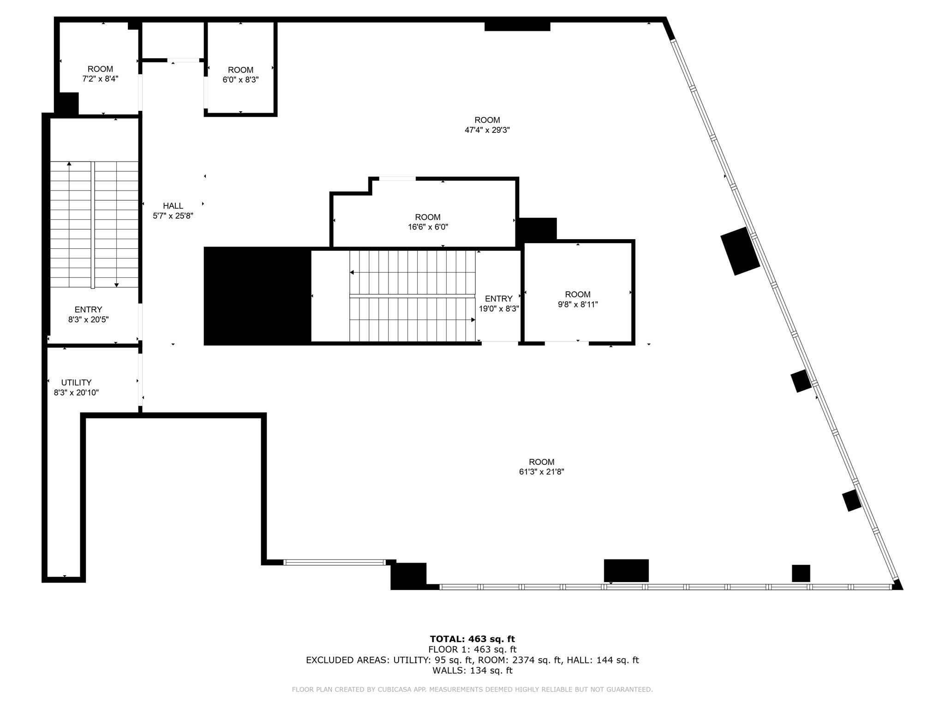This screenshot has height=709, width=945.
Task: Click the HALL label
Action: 173,206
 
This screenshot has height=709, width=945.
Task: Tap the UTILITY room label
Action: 77,383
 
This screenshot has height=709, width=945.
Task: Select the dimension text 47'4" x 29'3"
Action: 487,131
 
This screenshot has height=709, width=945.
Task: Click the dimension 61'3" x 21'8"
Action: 541,472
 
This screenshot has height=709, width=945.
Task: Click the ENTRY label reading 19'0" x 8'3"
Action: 499,304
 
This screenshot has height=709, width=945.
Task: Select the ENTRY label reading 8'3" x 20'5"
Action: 88,314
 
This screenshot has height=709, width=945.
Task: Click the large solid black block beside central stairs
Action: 257,296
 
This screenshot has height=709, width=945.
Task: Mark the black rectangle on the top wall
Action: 517,26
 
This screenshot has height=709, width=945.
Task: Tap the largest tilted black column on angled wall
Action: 740,251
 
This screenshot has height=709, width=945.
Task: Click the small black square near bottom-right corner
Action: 801,573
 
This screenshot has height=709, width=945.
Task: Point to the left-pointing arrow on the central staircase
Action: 352,272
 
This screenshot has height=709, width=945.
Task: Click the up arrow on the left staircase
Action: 69,163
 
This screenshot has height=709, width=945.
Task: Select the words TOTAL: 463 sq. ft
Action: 472,639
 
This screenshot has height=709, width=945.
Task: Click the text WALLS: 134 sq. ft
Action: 472,670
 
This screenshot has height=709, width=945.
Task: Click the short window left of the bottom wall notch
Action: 334,562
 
